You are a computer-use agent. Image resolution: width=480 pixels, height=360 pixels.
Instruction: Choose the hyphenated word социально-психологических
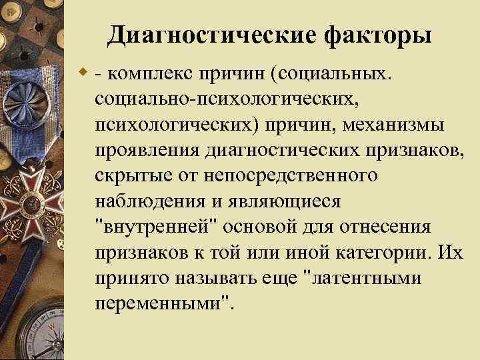click(227, 99)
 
